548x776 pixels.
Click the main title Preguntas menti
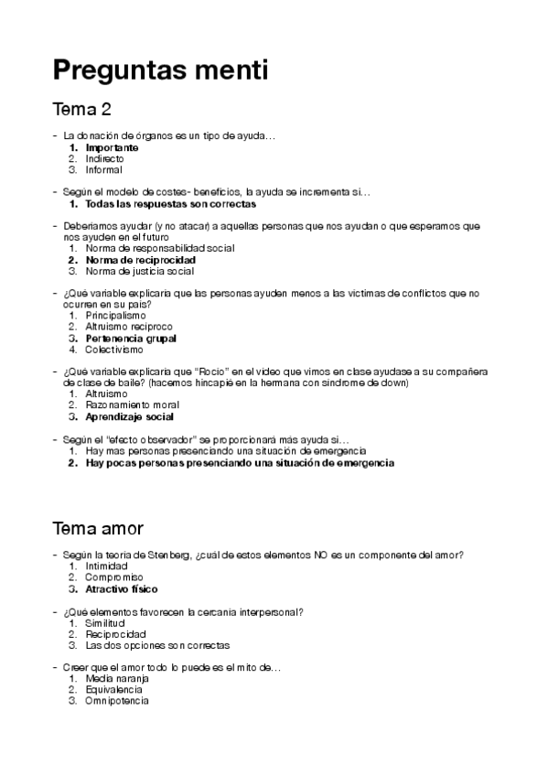pyautogui.click(x=160, y=70)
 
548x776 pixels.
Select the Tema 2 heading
pyautogui.click(x=82, y=111)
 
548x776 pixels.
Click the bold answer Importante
pyautogui.click(x=112, y=147)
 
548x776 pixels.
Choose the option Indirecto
pyautogui.click(x=104, y=158)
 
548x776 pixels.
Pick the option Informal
pyautogui.click(x=103, y=169)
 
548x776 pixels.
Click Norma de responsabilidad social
pyautogui.click(x=160, y=248)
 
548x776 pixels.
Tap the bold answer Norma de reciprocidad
pyautogui.click(x=140, y=260)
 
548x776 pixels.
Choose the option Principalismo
pyautogui.click(x=115, y=316)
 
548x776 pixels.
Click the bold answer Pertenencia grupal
pyautogui.click(x=131, y=338)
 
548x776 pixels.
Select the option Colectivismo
pyautogui.click(x=114, y=349)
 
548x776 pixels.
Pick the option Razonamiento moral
pyautogui.click(x=130, y=404)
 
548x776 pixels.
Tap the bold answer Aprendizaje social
pyautogui.click(x=129, y=416)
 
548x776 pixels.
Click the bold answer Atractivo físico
pyautogui.click(x=122, y=589)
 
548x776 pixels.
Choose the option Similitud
pyautogui.click(x=104, y=623)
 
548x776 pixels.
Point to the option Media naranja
pyautogui.click(x=117, y=679)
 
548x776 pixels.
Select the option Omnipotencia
pyautogui.click(x=116, y=701)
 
